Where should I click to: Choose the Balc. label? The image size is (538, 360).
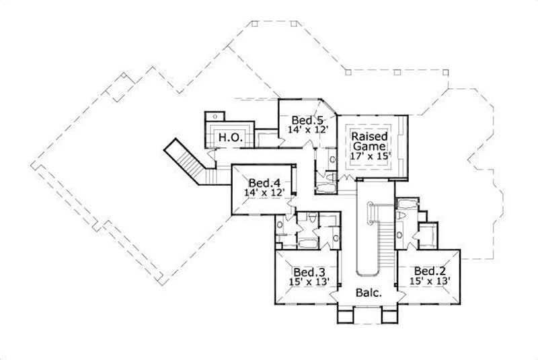369,293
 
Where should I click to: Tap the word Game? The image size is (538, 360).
369,145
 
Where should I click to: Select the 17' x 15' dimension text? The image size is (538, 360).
369,155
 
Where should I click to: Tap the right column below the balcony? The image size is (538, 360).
390,316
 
